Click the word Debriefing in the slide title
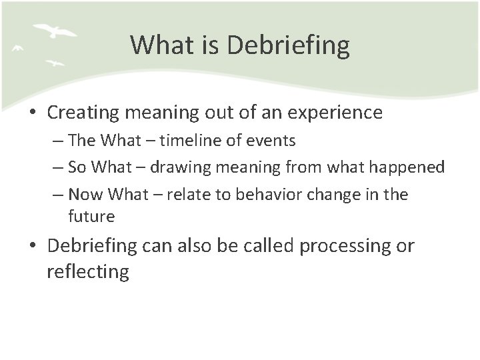coord(288,46)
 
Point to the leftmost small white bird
coord(18,48)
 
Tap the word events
coord(273,141)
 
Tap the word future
coord(91,217)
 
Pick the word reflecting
coord(88,272)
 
